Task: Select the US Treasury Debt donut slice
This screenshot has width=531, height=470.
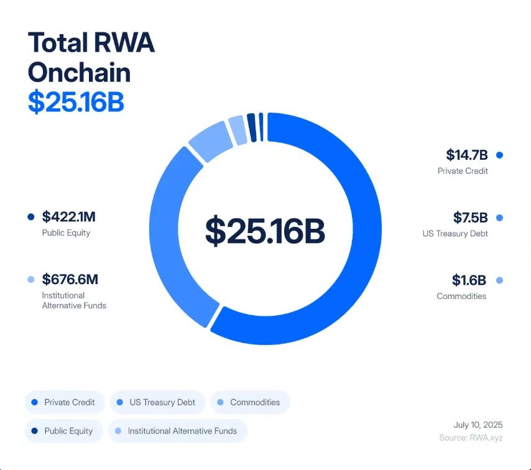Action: [165, 236]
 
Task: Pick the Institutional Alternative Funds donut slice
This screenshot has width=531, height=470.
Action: [237, 129]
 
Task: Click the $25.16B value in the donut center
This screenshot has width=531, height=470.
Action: [265, 231]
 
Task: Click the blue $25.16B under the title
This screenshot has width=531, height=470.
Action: [76, 103]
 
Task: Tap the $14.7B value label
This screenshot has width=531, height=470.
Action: [466, 155]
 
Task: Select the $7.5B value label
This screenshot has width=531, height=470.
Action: [470, 218]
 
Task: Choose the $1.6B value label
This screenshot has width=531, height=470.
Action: [469, 280]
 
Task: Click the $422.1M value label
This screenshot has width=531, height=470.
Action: [68, 217]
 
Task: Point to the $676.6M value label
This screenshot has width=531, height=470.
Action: [70, 280]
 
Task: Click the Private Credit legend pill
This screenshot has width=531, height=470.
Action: [65, 402]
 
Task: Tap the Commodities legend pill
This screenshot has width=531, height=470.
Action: [251, 402]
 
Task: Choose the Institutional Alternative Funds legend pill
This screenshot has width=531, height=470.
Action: [177, 431]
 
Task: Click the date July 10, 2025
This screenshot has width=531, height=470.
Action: [478, 425]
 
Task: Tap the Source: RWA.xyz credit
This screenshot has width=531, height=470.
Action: [471, 438]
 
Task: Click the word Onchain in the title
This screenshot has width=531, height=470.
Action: [80, 73]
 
